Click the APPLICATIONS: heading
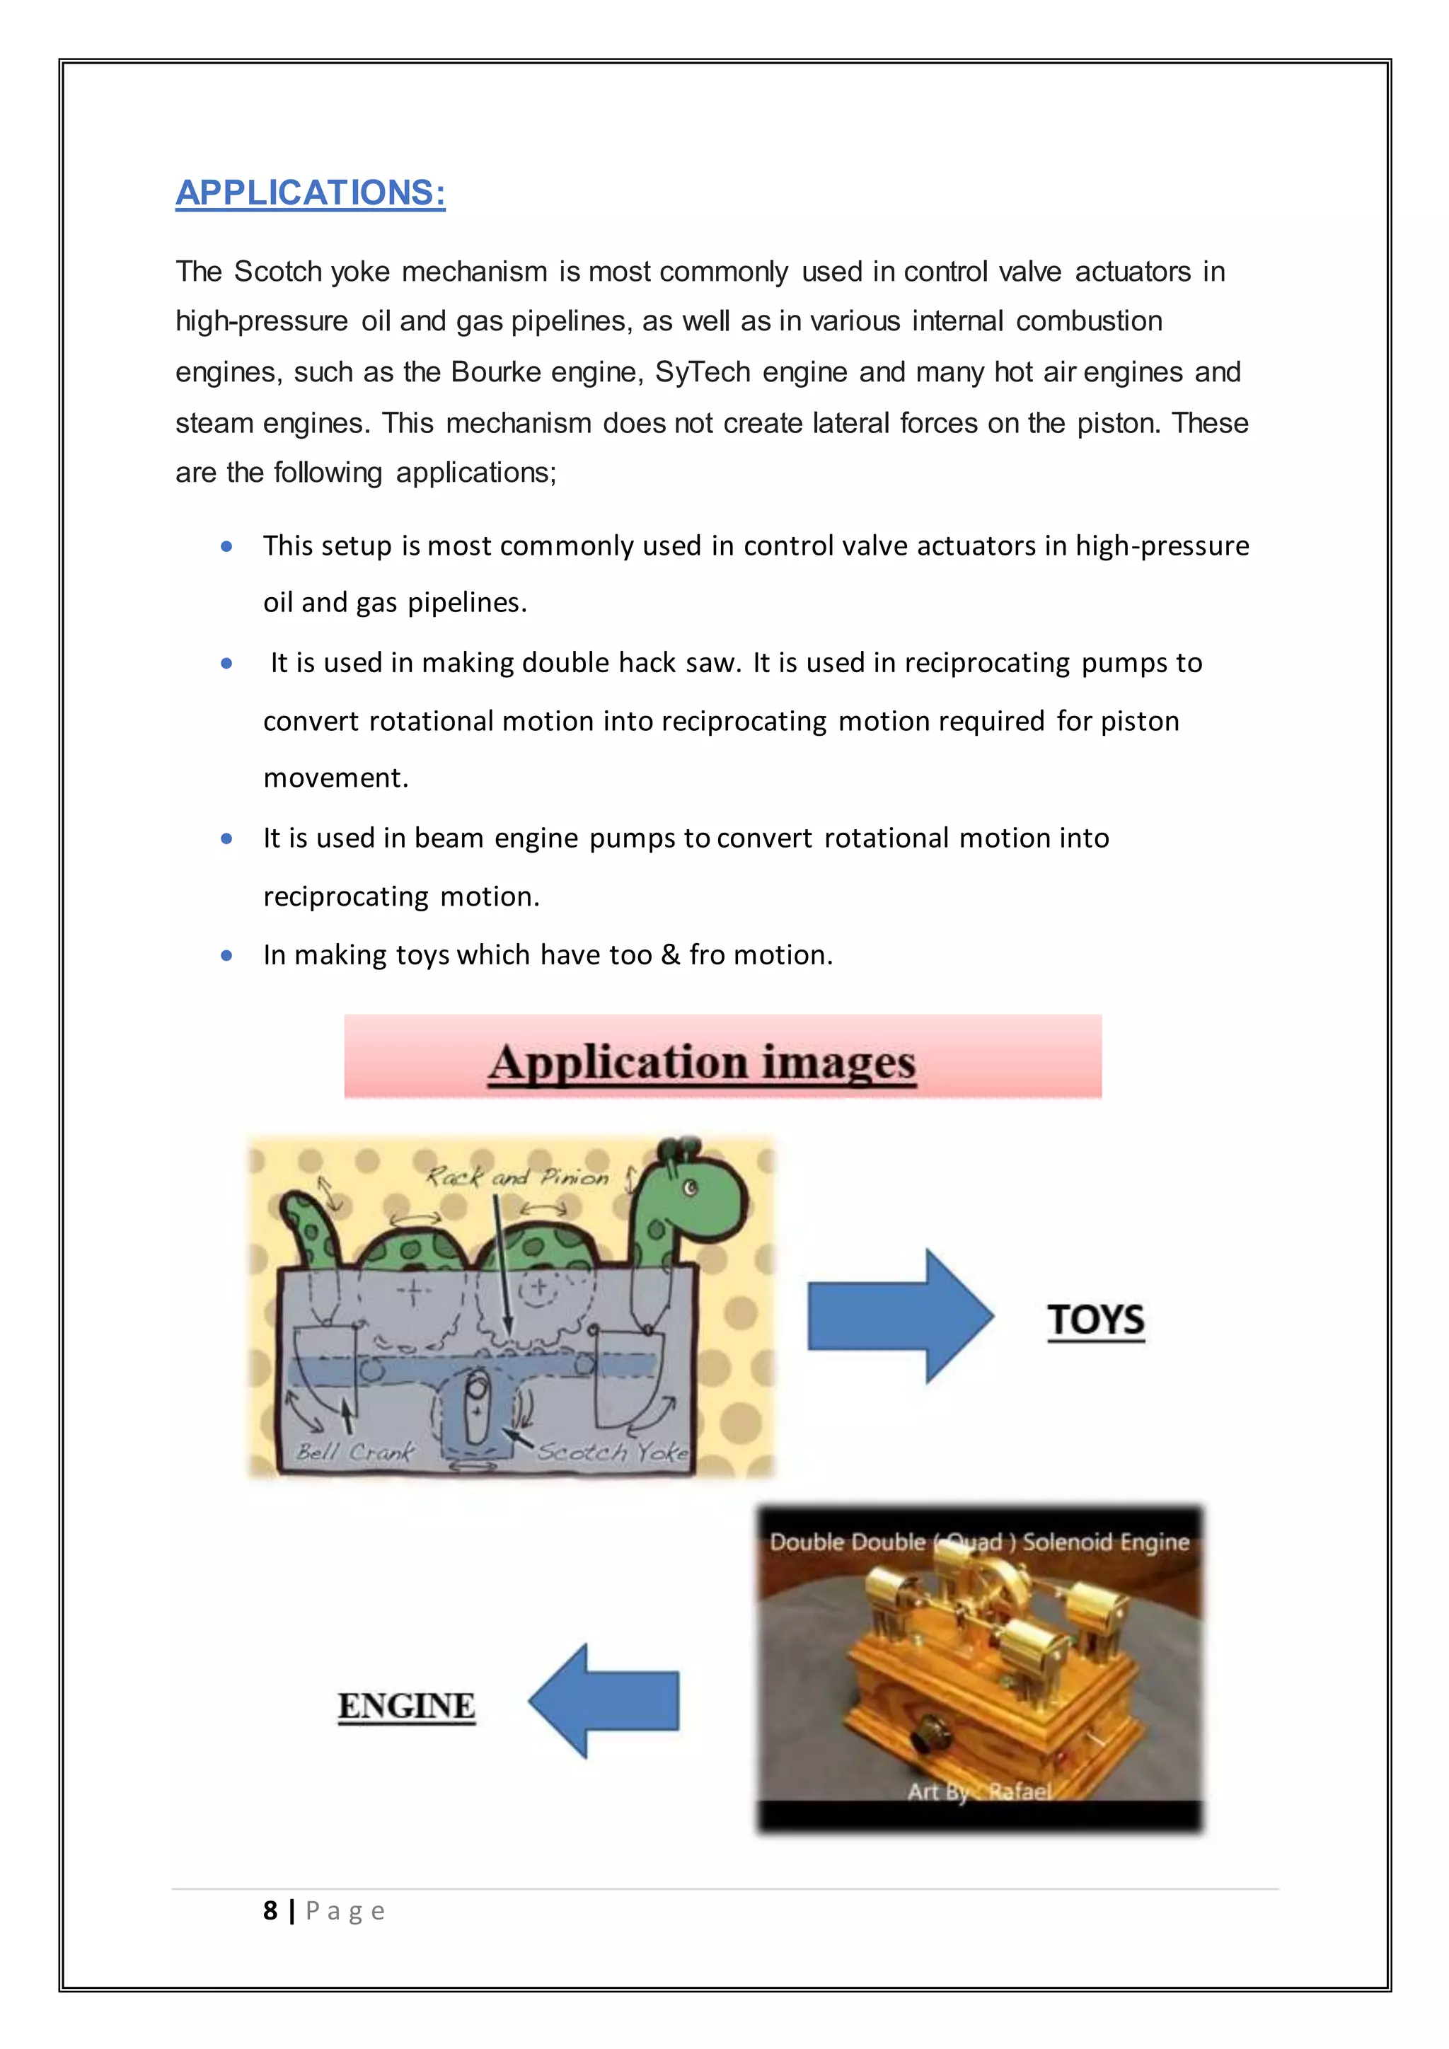pyautogui.click(x=310, y=192)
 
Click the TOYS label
pyautogui.click(x=1096, y=1319)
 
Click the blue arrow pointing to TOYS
pyautogui.click(x=899, y=1315)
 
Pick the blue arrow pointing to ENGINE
pyautogui.click(x=604, y=1701)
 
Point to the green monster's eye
pyautogui.click(x=690, y=1188)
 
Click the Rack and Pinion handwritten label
pyautogui.click(x=516, y=1177)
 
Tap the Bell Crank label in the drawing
pyautogui.click(x=355, y=1452)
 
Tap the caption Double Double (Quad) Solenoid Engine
pyautogui.click(x=978, y=1542)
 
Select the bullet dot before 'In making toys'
pyautogui.click(x=226, y=956)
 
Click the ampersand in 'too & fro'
pyautogui.click(x=670, y=956)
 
